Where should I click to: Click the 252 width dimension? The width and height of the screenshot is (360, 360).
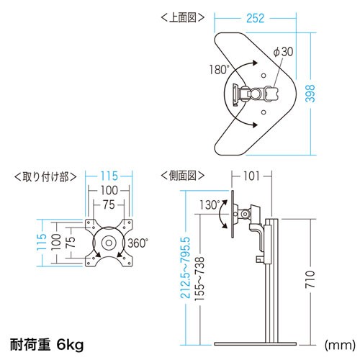click(256, 18)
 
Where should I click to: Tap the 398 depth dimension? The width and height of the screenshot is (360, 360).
click(310, 94)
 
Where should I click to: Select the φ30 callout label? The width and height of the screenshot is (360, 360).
click(284, 52)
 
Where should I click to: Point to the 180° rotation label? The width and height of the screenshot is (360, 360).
click(219, 70)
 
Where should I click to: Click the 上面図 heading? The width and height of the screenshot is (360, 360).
click(183, 17)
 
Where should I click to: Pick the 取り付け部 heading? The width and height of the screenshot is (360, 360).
click(45, 177)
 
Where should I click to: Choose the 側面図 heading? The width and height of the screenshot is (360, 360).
click(183, 176)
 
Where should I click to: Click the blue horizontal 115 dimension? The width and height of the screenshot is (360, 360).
click(109, 176)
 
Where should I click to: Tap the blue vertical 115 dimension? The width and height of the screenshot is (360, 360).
click(41, 242)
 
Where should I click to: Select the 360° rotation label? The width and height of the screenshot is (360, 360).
click(138, 243)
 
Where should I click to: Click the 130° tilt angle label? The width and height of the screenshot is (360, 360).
click(210, 205)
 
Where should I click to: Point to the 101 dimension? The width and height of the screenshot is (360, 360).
click(251, 176)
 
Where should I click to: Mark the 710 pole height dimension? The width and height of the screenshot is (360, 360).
click(310, 279)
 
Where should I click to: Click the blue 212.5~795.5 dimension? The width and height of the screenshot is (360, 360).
click(185, 268)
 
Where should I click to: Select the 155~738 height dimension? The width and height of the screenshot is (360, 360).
click(199, 279)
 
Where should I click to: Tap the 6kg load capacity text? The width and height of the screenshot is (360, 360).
click(70, 345)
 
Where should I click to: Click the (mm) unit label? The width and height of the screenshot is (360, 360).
click(340, 345)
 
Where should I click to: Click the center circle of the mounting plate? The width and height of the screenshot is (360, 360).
click(109, 243)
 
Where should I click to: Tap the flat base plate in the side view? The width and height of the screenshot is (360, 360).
click(255, 344)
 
